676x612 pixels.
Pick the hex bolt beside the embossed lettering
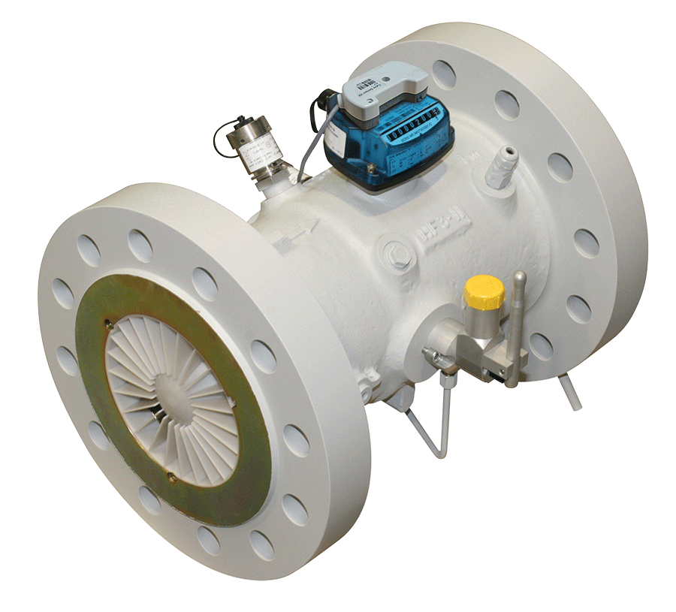point(398,253)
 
